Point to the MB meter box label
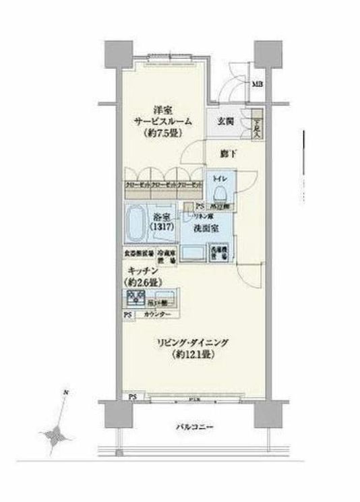coord(258,84)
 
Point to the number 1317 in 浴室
coord(164,227)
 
